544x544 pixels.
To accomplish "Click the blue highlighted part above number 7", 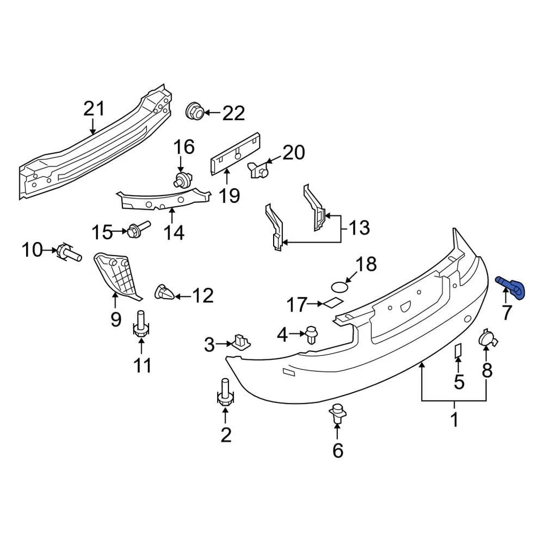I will coord(513,287).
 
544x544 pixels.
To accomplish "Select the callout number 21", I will coord(95,109).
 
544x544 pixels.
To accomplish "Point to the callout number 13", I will coord(358,228).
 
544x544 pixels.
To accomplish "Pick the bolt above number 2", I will coord(225,392).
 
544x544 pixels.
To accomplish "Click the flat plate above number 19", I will coord(235,151).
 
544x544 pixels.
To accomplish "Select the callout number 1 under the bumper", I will coord(454,420).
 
